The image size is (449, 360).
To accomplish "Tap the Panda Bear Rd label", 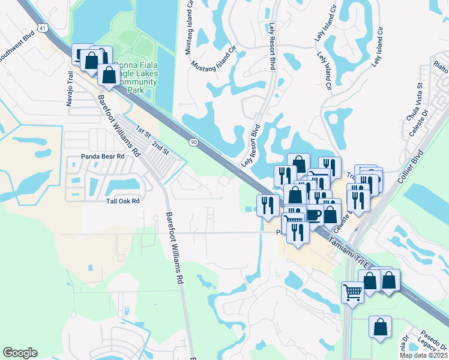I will point(103,157).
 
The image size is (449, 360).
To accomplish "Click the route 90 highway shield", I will point(193,142).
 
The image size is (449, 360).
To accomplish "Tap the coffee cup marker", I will point(313,214).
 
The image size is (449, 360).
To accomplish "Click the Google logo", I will point(20,353).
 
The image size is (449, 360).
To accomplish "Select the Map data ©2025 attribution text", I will point(423,355).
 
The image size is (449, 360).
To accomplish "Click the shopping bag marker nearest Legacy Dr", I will point(381,327).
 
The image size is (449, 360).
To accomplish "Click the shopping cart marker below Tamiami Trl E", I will point(352,293).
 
